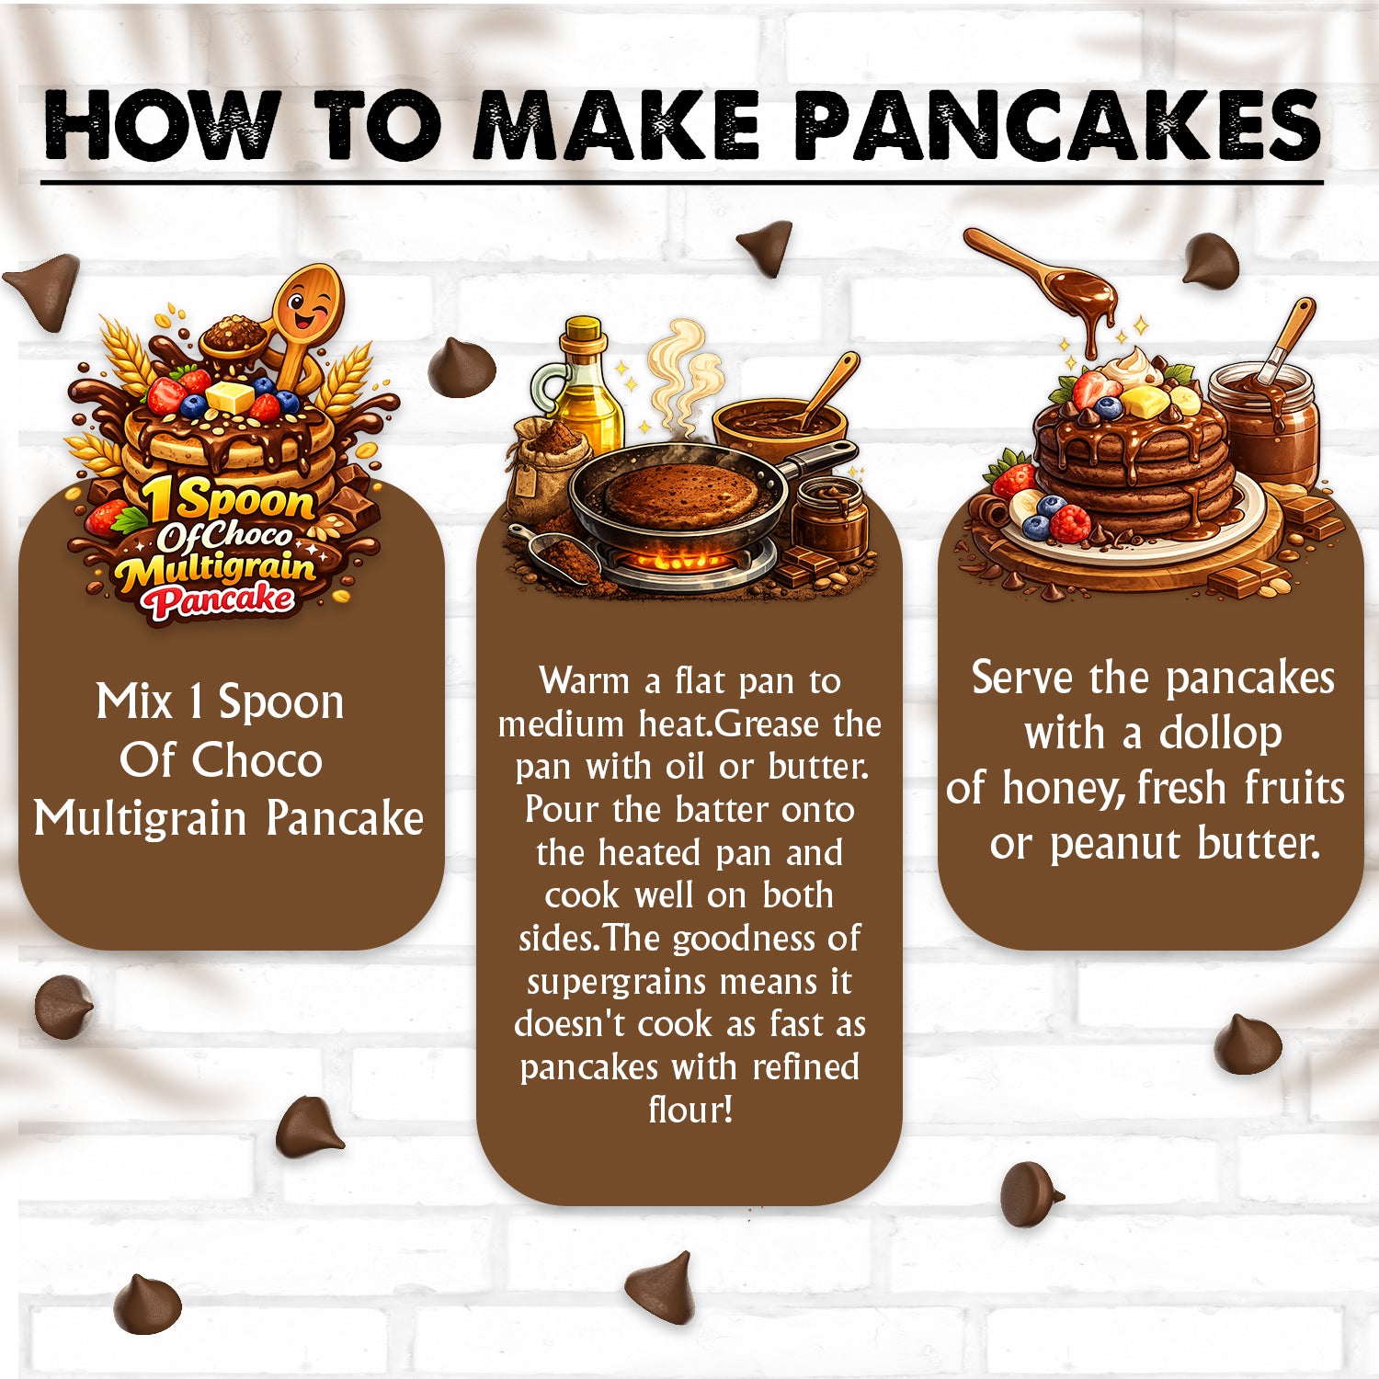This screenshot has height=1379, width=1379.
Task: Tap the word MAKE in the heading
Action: tap(615, 125)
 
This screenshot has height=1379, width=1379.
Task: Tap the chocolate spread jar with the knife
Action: tap(1264, 418)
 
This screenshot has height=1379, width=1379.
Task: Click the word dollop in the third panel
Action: tap(1221, 733)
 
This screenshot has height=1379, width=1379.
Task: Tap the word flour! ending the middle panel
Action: tap(690, 1110)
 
